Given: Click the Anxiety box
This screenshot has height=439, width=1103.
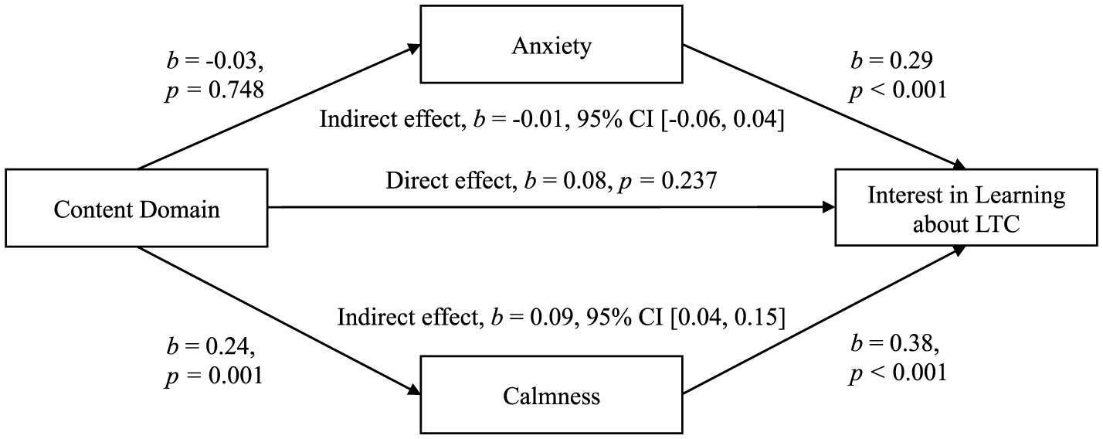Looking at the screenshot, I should pyautogui.click(x=551, y=46).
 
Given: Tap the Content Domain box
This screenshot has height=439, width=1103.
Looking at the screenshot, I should pyautogui.click(x=136, y=209).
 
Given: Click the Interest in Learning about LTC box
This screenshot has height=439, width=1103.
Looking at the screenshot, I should pyautogui.click(x=966, y=209).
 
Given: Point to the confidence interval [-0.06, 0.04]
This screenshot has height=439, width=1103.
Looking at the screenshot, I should pyautogui.click(x=722, y=121).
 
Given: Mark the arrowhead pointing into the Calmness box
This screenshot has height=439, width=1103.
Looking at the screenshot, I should pyautogui.click(x=414, y=392).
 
